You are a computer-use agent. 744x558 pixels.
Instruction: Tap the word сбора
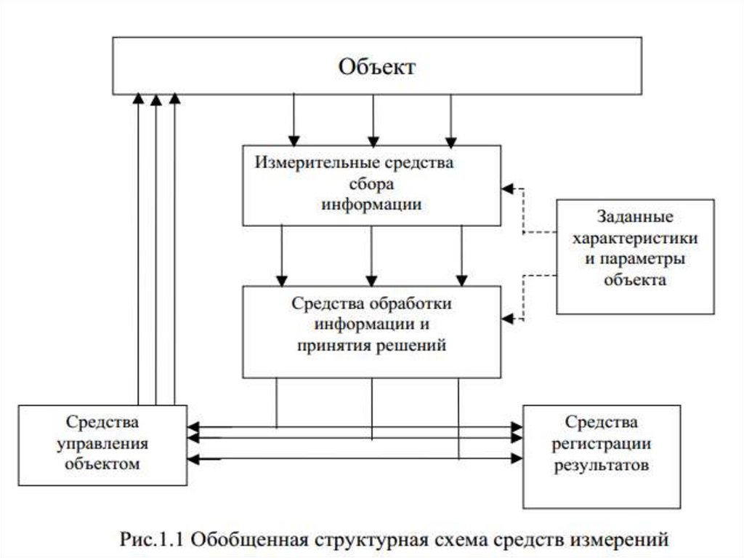pos(372,183)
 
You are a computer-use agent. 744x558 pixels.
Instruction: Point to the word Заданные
pos(635,217)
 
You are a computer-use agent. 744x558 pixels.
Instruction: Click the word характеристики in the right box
pos(635,238)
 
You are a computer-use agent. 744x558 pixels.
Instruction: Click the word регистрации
pos(602,442)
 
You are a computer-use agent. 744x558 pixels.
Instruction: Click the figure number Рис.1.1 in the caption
pos(154,540)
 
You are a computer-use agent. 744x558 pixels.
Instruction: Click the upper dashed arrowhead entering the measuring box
pos(507,188)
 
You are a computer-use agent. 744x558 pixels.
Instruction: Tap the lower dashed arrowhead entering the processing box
pos(507,318)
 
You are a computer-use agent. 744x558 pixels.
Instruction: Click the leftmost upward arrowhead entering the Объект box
pos(137,99)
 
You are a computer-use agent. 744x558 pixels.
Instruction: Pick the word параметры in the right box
pos(635,259)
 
